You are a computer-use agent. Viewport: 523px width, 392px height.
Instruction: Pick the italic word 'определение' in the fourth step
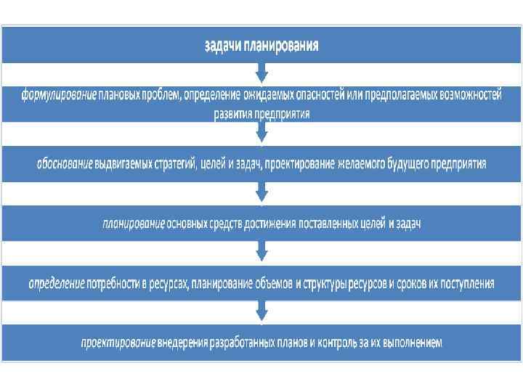pyautogui.click(x=57, y=283)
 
